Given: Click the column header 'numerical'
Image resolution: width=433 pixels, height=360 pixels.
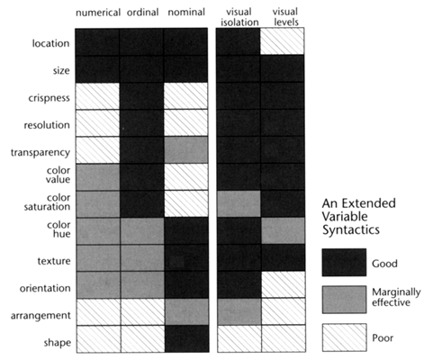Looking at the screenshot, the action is pyautogui.click(x=98, y=13).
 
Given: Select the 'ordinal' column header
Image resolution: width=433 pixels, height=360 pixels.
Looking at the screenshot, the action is pyautogui.click(x=142, y=13).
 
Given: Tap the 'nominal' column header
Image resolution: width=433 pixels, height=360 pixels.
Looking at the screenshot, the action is pyautogui.click(x=186, y=13).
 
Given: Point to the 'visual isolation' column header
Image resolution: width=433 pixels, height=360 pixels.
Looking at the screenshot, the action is pyautogui.click(x=239, y=17).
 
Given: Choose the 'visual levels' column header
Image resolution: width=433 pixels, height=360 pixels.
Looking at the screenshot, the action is pyautogui.click(x=285, y=17).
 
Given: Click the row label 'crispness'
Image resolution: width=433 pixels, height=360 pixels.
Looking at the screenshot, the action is pyautogui.click(x=49, y=98).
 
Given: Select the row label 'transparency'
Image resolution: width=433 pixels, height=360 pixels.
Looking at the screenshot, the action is pyautogui.click(x=41, y=152).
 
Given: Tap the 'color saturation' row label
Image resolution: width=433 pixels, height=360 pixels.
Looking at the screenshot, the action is pyautogui.click(x=47, y=202).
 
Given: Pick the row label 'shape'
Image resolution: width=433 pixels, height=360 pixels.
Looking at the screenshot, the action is pyautogui.click(x=58, y=342).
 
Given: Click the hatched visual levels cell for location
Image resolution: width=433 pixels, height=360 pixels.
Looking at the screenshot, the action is pyautogui.click(x=282, y=41).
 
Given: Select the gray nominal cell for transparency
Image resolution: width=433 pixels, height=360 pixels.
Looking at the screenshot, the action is pyautogui.click(x=186, y=150).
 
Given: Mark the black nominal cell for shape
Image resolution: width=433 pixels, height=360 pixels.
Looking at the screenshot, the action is pyautogui.click(x=186, y=338).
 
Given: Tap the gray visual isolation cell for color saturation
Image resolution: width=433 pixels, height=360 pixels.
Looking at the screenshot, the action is pyautogui.click(x=239, y=204).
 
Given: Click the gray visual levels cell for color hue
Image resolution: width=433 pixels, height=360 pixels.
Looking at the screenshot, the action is pyautogui.click(x=283, y=230).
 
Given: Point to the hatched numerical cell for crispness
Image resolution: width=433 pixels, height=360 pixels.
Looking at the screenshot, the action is pyautogui.click(x=97, y=96).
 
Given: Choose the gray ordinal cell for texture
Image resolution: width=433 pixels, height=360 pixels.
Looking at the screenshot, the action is pyautogui.click(x=142, y=258).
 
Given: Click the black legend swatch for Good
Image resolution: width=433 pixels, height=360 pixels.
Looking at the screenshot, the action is pyautogui.click(x=344, y=263).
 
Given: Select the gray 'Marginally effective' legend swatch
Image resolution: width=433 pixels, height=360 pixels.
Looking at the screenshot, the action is pyautogui.click(x=344, y=300).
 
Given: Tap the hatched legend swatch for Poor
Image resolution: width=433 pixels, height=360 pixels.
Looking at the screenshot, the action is pyautogui.click(x=345, y=337).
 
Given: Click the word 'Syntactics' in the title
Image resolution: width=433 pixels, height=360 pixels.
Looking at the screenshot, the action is pyautogui.click(x=351, y=230).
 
